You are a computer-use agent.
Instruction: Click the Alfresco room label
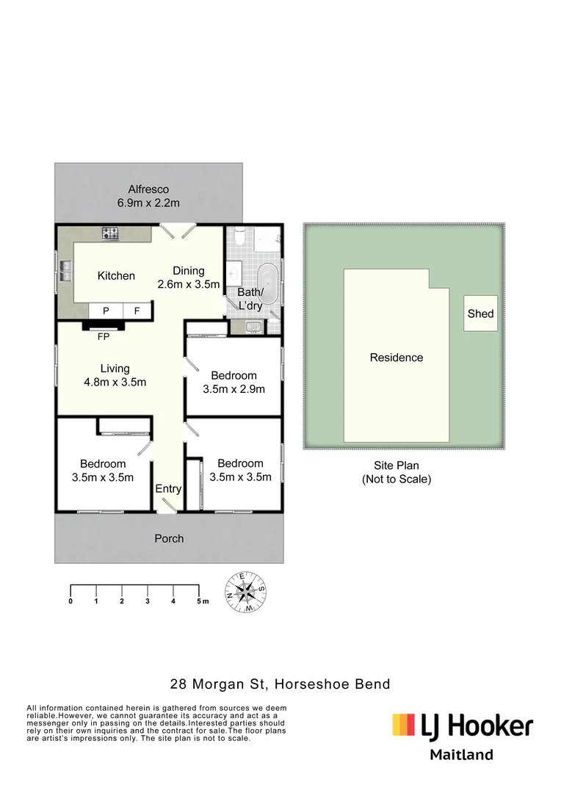tap(148, 196)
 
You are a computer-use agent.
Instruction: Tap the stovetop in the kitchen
tap(110, 234)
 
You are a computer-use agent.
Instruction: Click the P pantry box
tap(106, 311)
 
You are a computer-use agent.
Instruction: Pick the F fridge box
tap(137, 311)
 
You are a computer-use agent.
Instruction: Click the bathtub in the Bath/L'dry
tap(271, 281)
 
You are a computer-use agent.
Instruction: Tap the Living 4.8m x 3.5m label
tap(115, 375)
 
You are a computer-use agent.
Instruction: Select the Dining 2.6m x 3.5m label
tap(189, 277)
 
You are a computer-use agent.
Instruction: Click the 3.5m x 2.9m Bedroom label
tap(234, 383)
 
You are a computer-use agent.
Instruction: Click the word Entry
tap(168, 489)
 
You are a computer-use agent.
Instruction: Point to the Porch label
tap(169, 539)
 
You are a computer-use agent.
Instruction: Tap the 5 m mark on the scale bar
tap(200, 601)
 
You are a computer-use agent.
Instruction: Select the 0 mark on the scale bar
tap(70, 601)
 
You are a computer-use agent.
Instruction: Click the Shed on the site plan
tap(480, 314)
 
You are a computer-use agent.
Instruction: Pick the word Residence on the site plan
tap(397, 358)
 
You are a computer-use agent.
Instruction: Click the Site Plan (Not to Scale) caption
tap(396, 472)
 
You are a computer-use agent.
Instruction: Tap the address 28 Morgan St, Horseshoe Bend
tap(280, 684)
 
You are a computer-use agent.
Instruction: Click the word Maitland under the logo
tap(461, 755)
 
